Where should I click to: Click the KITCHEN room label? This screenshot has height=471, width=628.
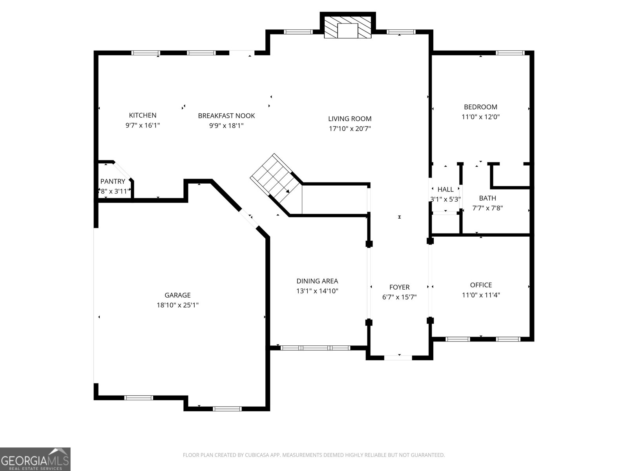(142, 115)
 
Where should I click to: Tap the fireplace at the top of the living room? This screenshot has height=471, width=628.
(348, 27)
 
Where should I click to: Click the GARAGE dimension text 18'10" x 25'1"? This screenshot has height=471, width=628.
(177, 305)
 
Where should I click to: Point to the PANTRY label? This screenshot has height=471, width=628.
(113, 181)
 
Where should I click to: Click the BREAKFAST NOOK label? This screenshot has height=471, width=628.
(226, 115)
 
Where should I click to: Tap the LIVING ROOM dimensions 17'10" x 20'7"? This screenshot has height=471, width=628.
(350, 128)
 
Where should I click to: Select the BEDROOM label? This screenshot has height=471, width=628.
(480, 107)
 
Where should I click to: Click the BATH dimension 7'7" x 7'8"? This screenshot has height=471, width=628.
(487, 208)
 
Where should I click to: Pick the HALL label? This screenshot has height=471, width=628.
(445, 189)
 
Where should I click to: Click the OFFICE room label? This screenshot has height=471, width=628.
(481, 285)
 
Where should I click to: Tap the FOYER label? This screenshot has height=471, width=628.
(399, 287)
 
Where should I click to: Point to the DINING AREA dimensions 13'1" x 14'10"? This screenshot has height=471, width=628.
(317, 291)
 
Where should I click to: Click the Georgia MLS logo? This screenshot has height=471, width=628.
(35, 459)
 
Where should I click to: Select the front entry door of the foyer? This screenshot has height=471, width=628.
(398, 358)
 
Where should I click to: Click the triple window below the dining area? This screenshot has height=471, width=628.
(315, 348)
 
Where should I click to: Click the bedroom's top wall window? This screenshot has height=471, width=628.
(510, 53)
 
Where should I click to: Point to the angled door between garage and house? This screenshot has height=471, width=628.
(249, 218)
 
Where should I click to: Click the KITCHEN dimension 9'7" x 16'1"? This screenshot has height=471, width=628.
(142, 125)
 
